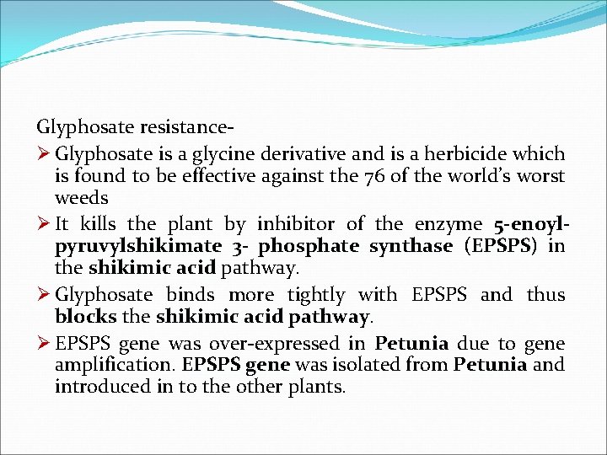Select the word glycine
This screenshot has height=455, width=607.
coord(246,154)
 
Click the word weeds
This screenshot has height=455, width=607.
coord(82,199)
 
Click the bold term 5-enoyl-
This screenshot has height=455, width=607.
coord(529,224)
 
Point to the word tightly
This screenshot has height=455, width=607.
coord(315,295)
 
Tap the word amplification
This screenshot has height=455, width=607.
coord(110,366)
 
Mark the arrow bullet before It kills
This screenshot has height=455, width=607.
coord(43,224)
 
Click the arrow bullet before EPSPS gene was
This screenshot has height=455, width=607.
coord(43,344)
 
